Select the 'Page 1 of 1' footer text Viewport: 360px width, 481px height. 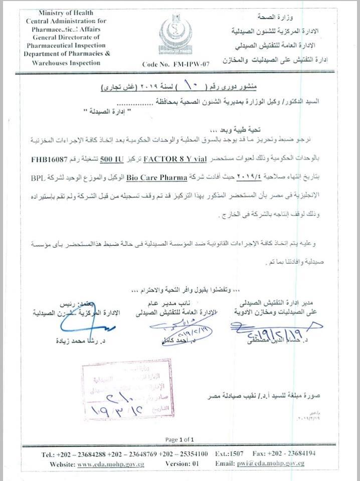[179, 439]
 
